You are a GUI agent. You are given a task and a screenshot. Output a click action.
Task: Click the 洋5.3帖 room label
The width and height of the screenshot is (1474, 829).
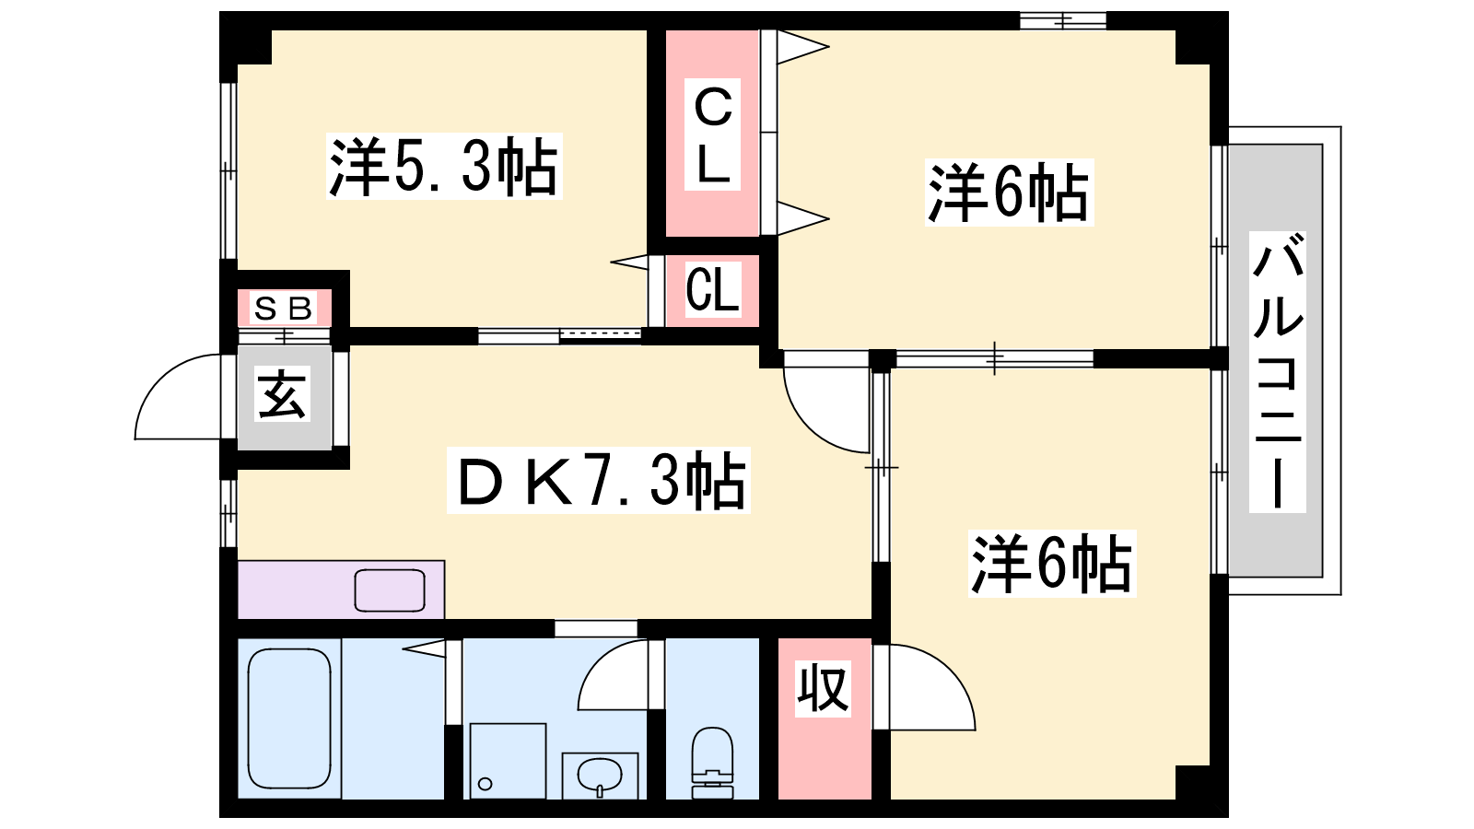coord(444,167)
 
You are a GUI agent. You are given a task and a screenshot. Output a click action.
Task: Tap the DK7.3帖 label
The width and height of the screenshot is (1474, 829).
coord(599,480)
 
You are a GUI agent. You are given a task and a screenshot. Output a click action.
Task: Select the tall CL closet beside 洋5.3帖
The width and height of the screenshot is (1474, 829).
coord(712,134)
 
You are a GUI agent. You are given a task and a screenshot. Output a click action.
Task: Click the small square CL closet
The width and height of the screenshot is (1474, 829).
coord(712,290)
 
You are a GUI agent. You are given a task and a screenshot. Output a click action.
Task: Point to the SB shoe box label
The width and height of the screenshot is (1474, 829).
coord(283,308)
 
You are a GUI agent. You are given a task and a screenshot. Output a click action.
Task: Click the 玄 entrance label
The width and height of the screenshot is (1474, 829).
coord(282,395)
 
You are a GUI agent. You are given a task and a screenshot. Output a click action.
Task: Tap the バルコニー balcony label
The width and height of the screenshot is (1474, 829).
coord(1278,372)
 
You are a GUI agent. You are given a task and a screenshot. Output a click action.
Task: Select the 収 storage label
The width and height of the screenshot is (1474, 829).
coord(823,688)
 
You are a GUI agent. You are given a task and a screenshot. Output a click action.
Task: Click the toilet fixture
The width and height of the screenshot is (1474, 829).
coord(712,762)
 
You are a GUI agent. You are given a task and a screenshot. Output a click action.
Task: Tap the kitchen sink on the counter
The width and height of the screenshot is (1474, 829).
coord(391,590)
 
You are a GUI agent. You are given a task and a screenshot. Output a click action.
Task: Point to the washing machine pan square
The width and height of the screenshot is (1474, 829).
coord(508,761)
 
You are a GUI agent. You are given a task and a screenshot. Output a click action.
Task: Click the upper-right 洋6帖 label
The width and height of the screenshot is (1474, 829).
coord(1009,193)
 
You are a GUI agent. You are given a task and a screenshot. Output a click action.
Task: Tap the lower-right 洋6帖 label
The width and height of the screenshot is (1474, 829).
coord(1051,563)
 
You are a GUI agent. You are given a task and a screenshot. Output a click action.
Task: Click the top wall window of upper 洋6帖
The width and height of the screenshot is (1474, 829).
coord(1063,20)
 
